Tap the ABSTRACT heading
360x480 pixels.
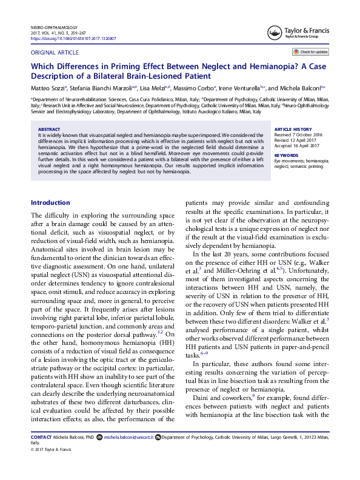coord(49,129)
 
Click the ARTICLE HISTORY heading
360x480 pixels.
coord(294,130)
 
